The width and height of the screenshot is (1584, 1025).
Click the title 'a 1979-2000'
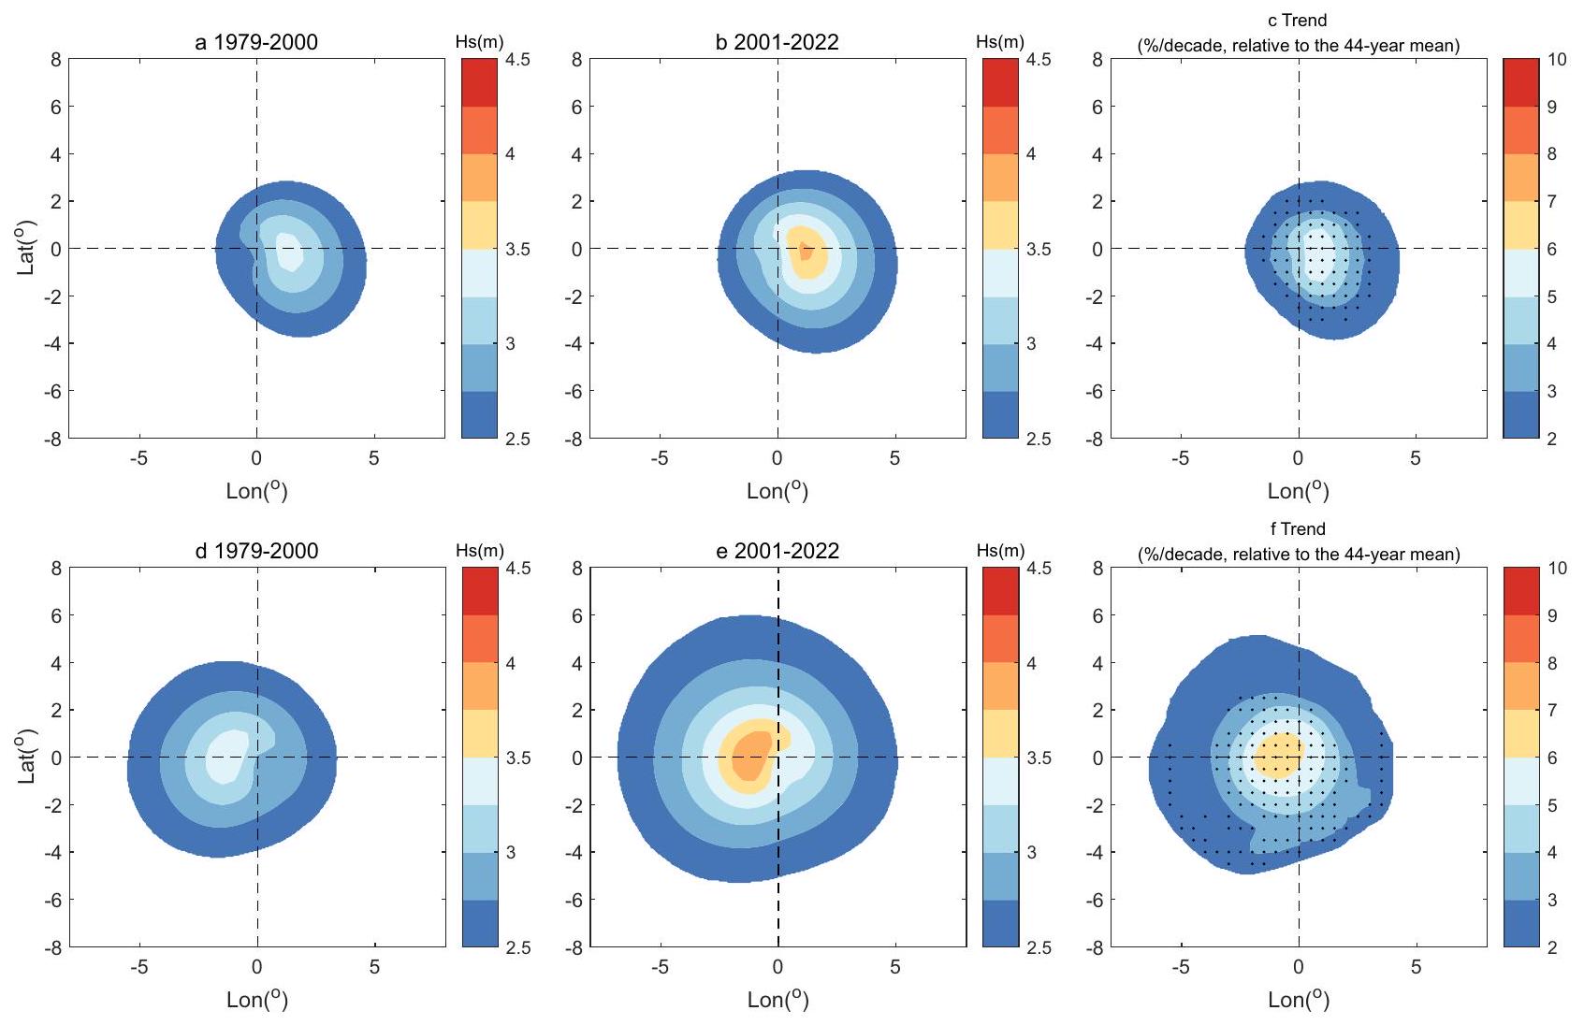point(256,42)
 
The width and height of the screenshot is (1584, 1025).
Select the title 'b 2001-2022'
point(777,42)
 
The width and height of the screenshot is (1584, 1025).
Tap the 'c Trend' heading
point(1298,20)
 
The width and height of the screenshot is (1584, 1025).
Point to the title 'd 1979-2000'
point(256,551)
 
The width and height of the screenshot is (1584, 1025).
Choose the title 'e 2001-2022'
point(777,551)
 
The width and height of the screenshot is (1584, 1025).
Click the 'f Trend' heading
point(1298,528)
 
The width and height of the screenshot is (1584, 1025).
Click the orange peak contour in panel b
point(804,251)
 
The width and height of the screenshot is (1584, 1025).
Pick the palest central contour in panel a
point(288,251)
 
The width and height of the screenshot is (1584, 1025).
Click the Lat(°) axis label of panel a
point(26,248)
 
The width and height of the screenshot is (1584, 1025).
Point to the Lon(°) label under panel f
point(1298,1000)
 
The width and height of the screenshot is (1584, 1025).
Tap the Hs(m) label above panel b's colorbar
point(1000,42)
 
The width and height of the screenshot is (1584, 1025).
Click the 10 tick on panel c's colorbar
point(1557,60)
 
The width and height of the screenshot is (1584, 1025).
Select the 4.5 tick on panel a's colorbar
point(517,60)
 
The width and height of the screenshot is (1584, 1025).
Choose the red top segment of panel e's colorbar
point(1000,591)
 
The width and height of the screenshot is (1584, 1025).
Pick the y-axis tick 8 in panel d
point(56,568)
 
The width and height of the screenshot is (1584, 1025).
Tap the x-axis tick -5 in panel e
point(660,967)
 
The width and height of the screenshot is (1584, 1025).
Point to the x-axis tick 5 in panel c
point(1416,458)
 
